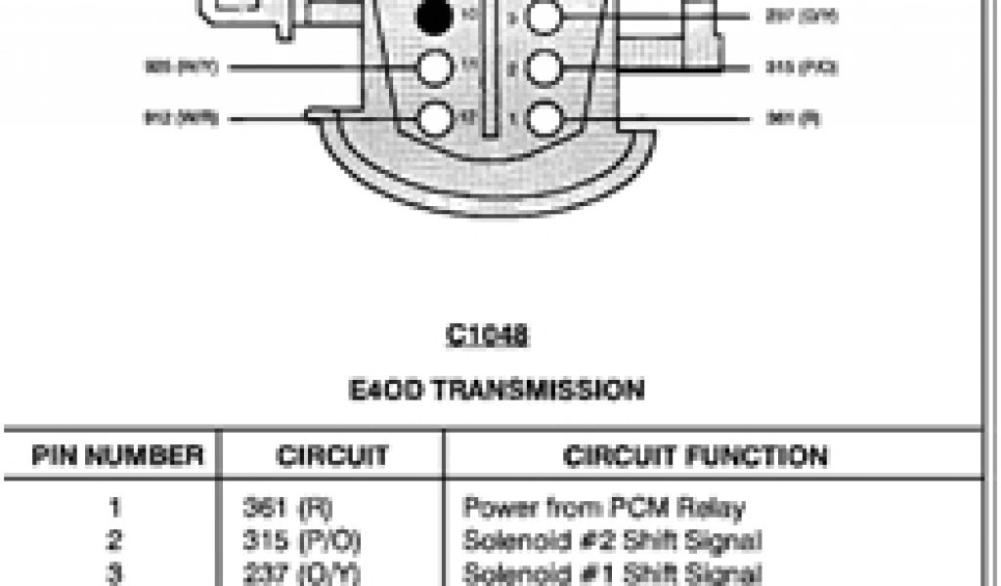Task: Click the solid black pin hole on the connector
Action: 433,17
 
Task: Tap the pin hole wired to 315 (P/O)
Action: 544,67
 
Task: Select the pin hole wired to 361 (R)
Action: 544,118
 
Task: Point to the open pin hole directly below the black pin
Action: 433,67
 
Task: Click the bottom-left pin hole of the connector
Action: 433,118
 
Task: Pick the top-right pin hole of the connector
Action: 544,17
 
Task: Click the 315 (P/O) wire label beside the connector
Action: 790,67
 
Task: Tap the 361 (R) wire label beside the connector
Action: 781,118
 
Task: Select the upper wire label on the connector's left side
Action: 182,67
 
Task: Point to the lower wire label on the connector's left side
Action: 182,118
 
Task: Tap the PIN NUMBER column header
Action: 117,455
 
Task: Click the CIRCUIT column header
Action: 332,455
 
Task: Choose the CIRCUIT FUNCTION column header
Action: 695,455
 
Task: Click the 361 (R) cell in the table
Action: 276,508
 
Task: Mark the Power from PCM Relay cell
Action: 603,508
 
